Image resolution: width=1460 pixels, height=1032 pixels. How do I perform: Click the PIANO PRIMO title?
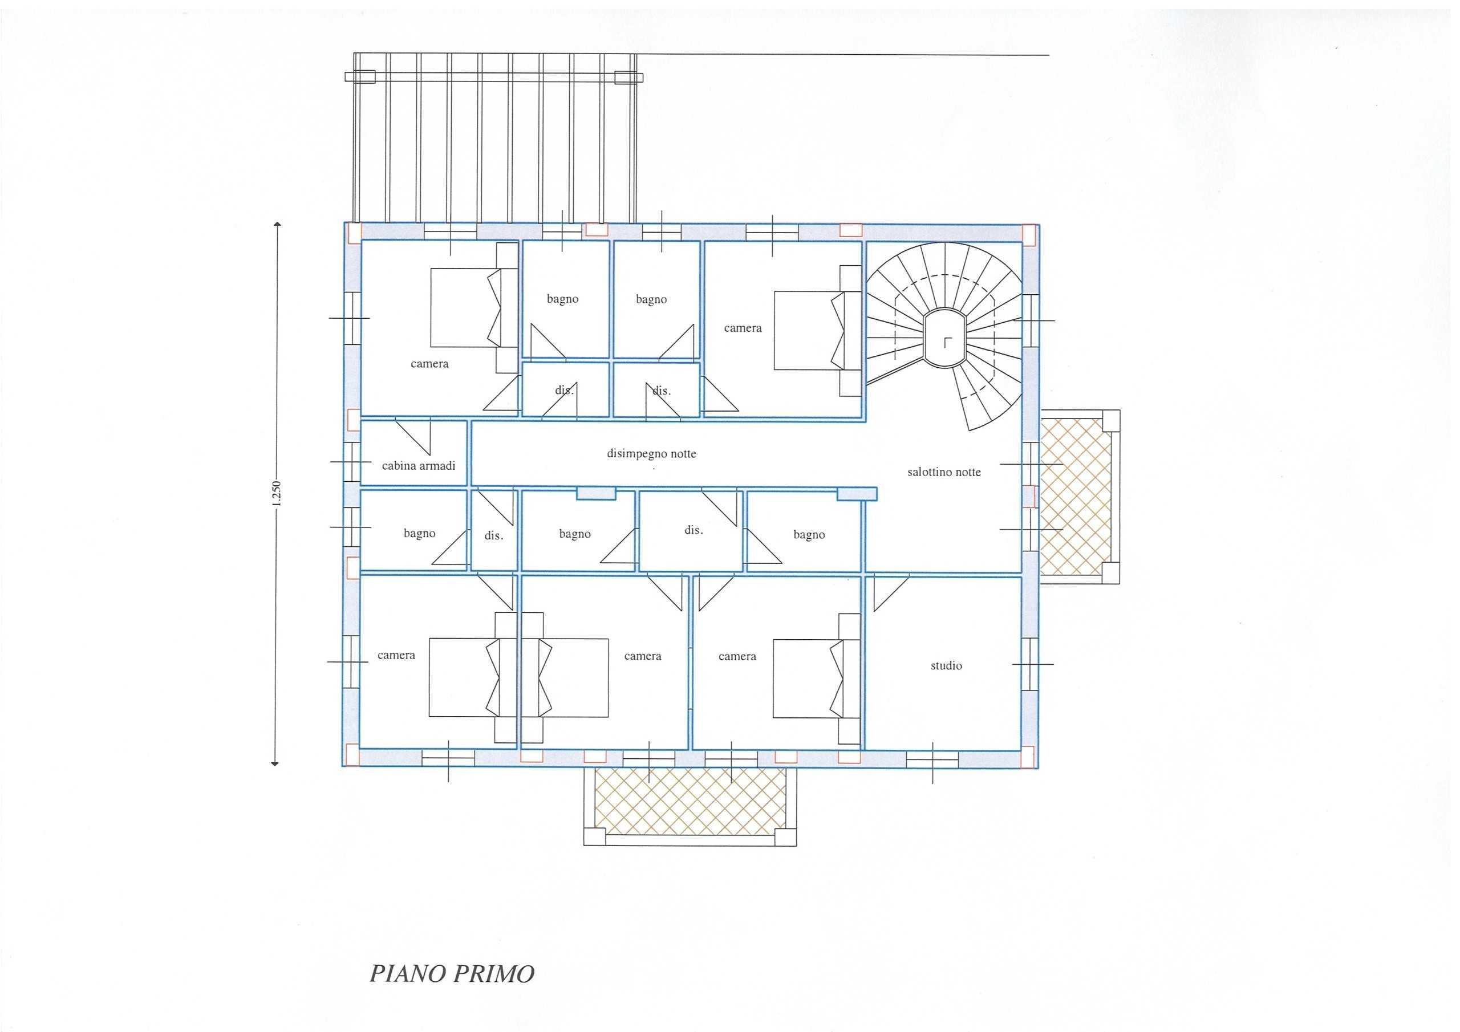pos(452,974)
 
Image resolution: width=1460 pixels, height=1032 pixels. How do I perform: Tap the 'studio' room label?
pos(946,666)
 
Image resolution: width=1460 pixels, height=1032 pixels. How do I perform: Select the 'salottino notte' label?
pos(944,472)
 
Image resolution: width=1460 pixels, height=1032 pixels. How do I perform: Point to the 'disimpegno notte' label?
pos(651,454)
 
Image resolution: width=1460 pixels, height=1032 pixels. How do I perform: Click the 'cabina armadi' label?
pos(419,465)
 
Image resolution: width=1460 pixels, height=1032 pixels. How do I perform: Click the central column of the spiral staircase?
pos(944,338)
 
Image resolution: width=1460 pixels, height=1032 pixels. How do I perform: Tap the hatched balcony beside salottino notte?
pos(1076,496)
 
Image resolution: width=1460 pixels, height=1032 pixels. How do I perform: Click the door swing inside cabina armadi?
pos(413,437)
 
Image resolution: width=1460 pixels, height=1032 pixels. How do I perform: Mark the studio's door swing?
pos(891,592)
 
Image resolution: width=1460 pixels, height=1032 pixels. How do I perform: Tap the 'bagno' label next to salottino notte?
pos(809,535)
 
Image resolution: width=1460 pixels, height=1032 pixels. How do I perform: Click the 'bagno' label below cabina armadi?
pos(420,534)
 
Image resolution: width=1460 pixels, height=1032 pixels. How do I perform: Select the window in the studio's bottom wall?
pos(932,759)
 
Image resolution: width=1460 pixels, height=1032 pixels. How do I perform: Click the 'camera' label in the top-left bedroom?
pos(430,364)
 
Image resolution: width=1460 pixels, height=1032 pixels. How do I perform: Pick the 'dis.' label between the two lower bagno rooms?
pos(693,530)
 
